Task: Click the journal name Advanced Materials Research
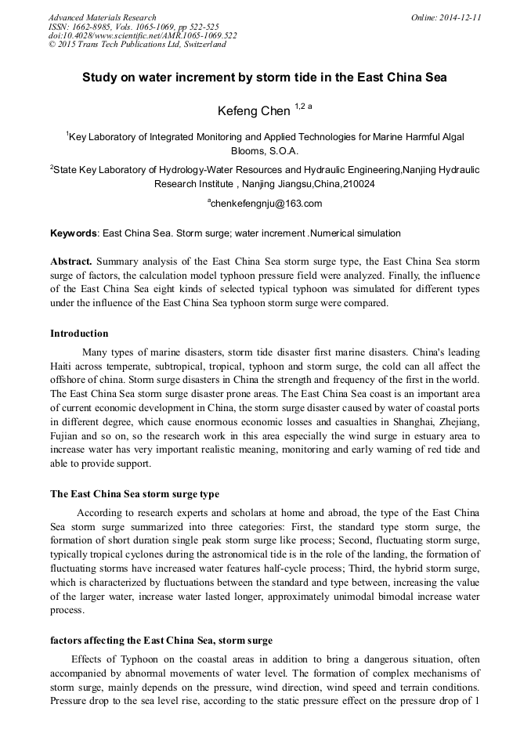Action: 102,17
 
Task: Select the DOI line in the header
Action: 143,36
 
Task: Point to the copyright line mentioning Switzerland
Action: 137,45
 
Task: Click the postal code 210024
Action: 356,184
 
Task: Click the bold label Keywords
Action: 74,233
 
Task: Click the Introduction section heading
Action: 79,334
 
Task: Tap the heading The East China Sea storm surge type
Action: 135,494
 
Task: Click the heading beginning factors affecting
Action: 161,641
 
